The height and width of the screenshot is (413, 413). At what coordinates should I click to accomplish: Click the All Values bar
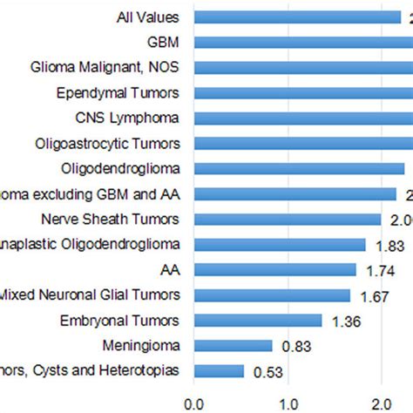click(296, 17)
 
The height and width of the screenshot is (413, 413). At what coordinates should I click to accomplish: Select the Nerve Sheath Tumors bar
click(288, 220)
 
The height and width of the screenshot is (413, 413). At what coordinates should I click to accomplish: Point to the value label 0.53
click(269, 373)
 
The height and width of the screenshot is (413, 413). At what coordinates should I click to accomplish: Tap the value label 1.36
click(348, 322)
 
